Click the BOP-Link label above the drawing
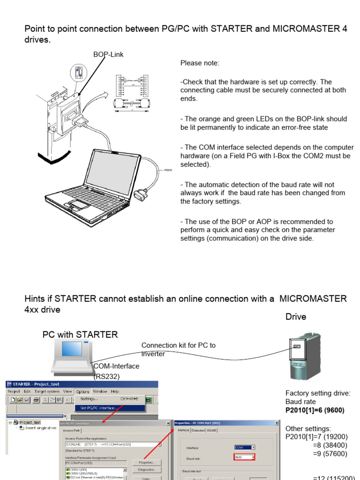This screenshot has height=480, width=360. (108, 54)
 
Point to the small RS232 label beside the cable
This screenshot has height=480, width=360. (168, 170)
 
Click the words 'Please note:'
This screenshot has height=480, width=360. (200, 63)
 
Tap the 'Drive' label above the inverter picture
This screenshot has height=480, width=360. (296, 317)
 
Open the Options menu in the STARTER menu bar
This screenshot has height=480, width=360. (82, 391)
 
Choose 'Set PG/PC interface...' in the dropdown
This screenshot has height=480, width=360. (98, 408)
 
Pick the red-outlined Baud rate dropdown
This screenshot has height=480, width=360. (244, 457)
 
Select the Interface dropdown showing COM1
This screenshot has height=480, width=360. (245, 448)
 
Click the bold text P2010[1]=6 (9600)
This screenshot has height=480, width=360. (315, 410)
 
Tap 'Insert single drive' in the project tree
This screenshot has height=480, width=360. (40, 428)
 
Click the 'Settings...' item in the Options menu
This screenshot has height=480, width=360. (89, 399)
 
